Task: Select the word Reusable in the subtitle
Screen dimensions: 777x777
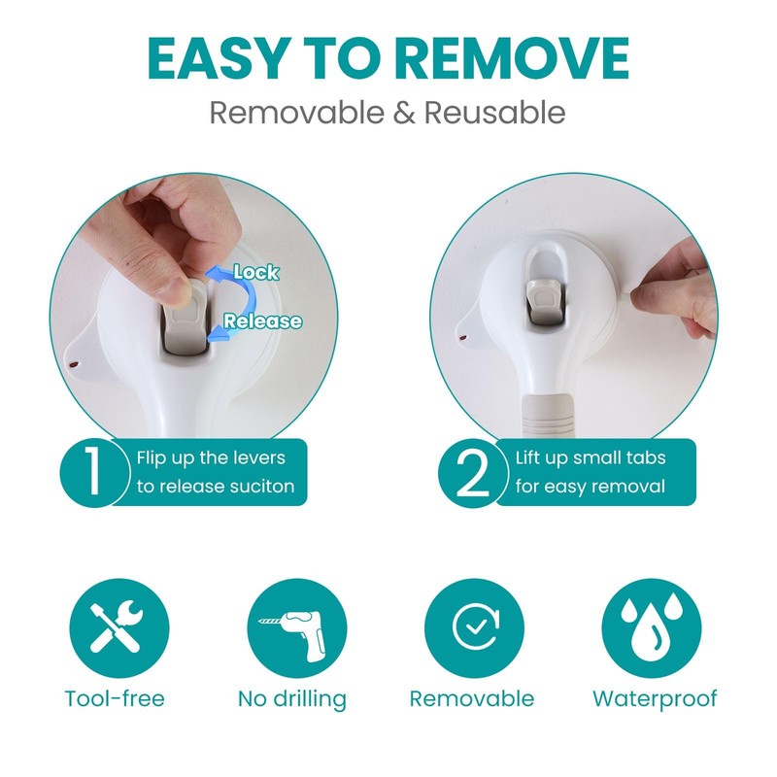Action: click(494, 113)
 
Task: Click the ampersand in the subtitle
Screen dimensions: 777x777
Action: click(404, 113)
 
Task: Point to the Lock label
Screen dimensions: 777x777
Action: click(255, 272)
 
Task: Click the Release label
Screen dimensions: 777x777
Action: click(262, 321)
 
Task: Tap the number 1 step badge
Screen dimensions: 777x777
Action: click(92, 471)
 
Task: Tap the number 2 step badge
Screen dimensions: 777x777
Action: click(472, 471)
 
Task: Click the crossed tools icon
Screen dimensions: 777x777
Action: click(118, 627)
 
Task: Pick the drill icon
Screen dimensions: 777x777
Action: click(297, 627)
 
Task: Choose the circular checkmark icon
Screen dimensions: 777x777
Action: click(474, 627)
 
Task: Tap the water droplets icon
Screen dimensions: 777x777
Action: click(652, 627)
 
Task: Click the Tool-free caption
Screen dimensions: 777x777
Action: click(115, 698)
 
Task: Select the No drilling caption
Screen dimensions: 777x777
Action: click(292, 699)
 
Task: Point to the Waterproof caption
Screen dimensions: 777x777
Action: click(655, 699)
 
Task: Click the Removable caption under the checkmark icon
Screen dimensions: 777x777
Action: click(472, 698)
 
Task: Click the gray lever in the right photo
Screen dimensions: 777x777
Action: click(545, 300)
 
